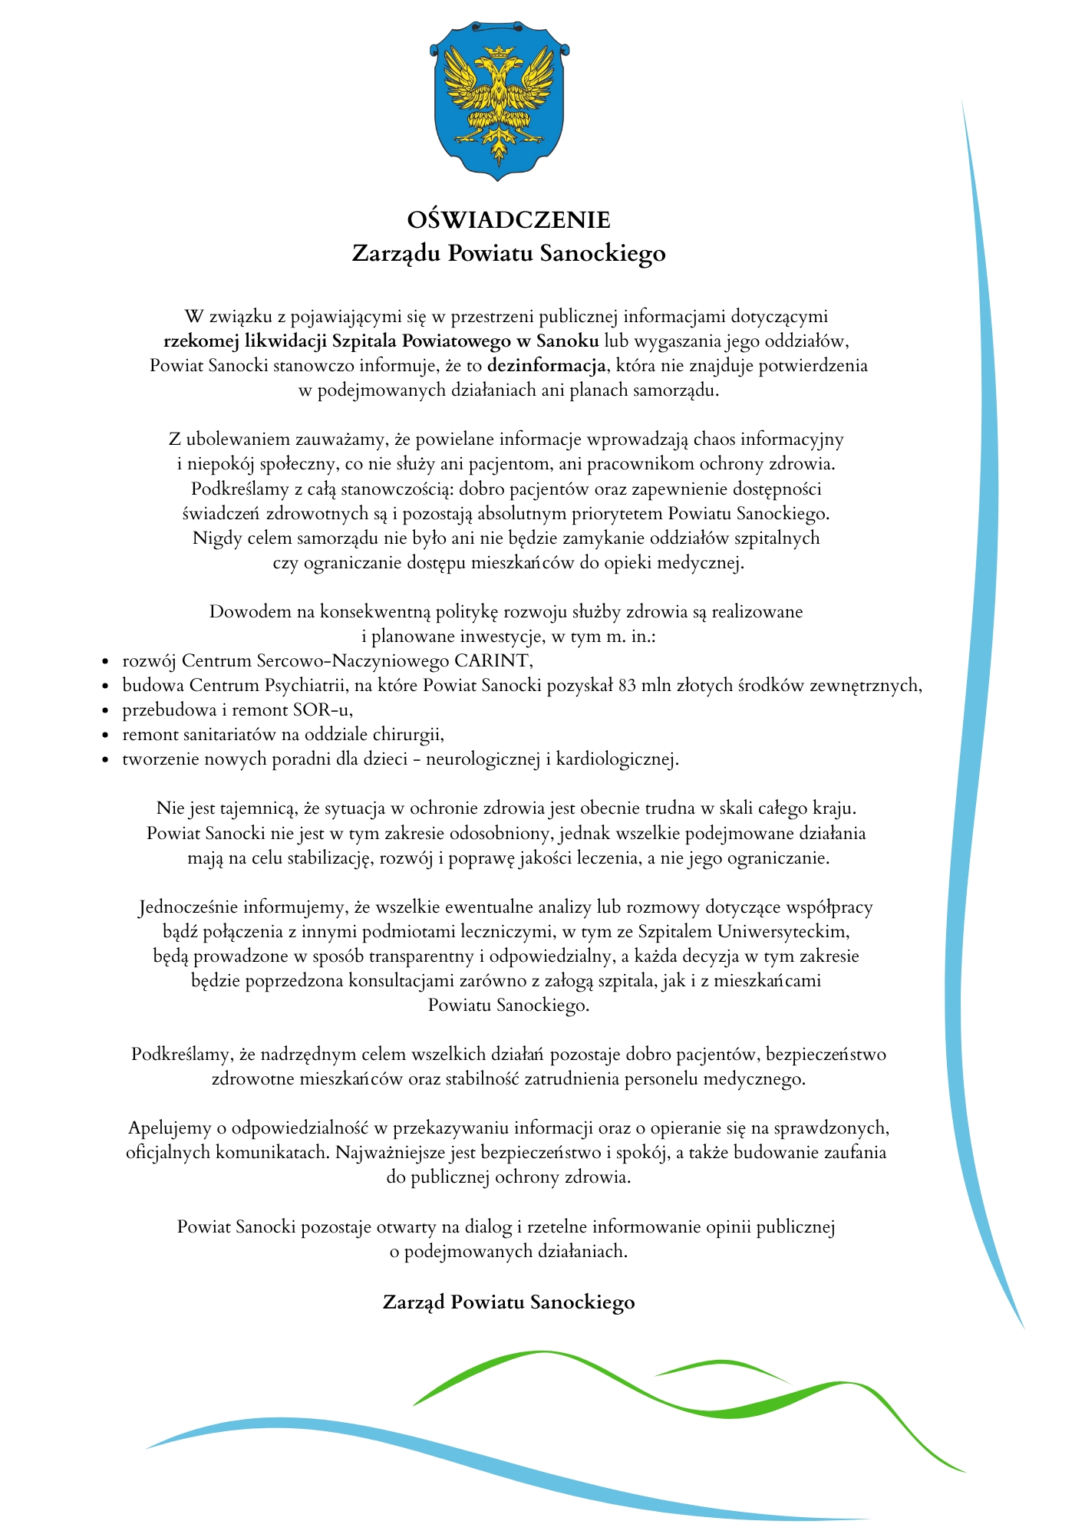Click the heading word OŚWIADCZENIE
pyautogui.click(x=509, y=220)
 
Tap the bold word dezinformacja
pyautogui.click(x=546, y=365)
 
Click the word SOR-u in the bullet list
pyautogui.click(x=326, y=709)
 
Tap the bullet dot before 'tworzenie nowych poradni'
pyautogui.click(x=106, y=760)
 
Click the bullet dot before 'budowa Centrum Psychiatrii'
pyautogui.click(x=106, y=686)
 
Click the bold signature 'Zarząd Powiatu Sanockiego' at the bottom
pyautogui.click(x=509, y=1302)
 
